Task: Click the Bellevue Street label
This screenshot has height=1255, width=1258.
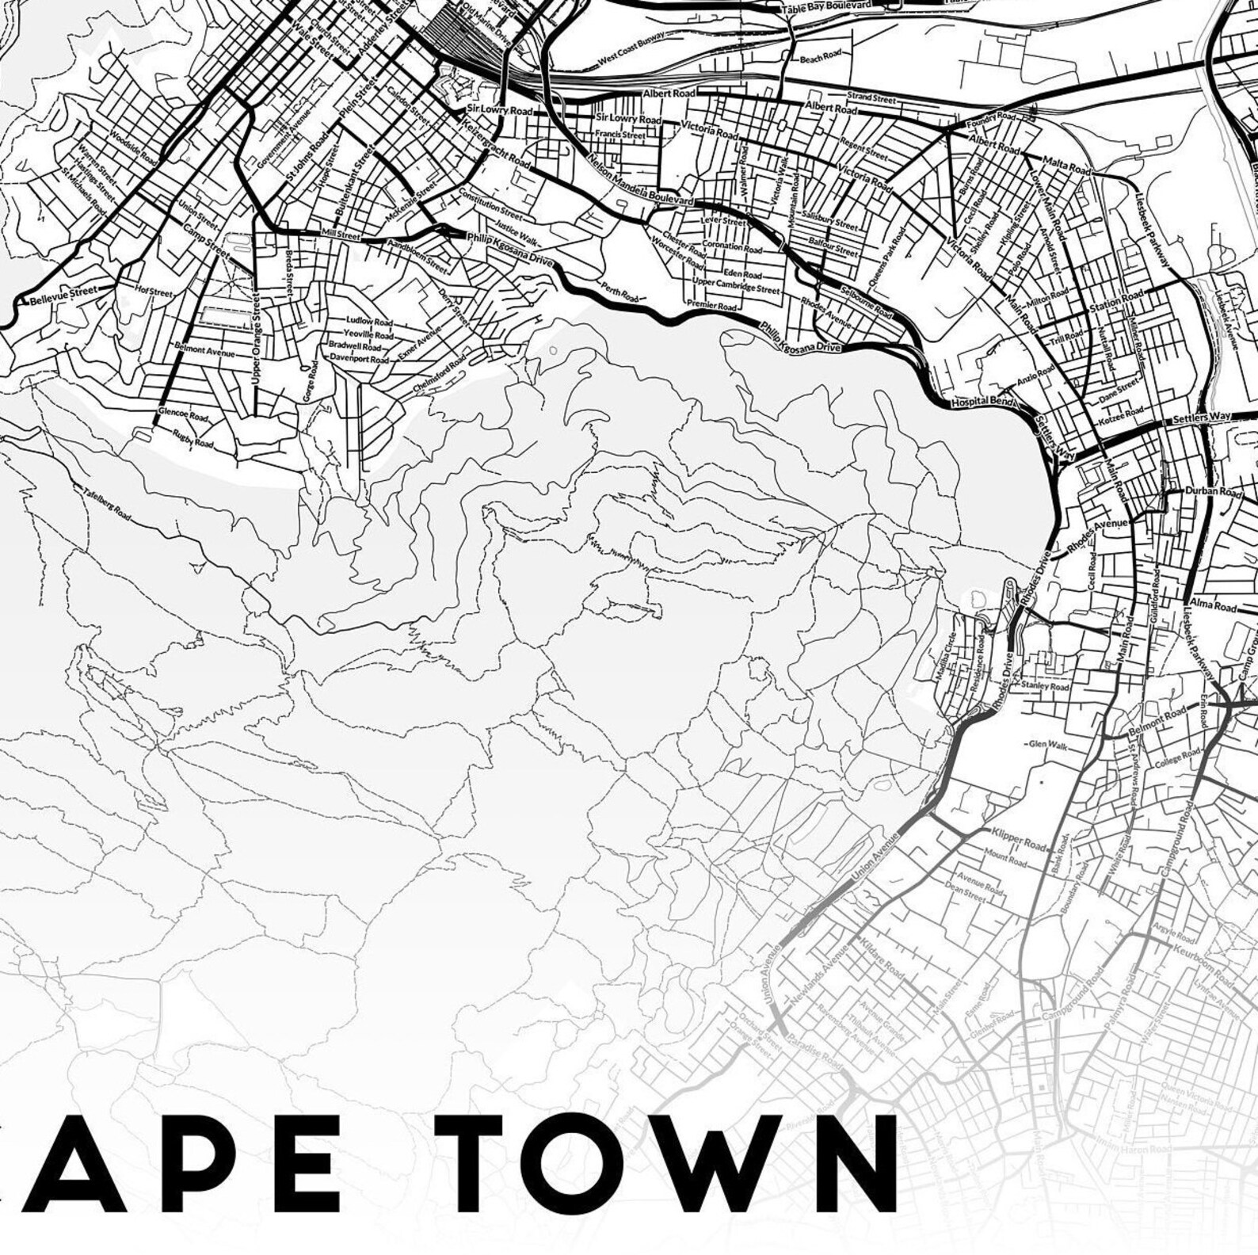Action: click(63, 296)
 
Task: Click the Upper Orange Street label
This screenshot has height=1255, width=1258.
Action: click(255, 338)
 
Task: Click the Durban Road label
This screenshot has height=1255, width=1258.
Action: click(1212, 492)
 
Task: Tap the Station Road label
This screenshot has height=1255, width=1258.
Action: click(1115, 302)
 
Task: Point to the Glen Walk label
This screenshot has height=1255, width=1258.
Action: click(1047, 744)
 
